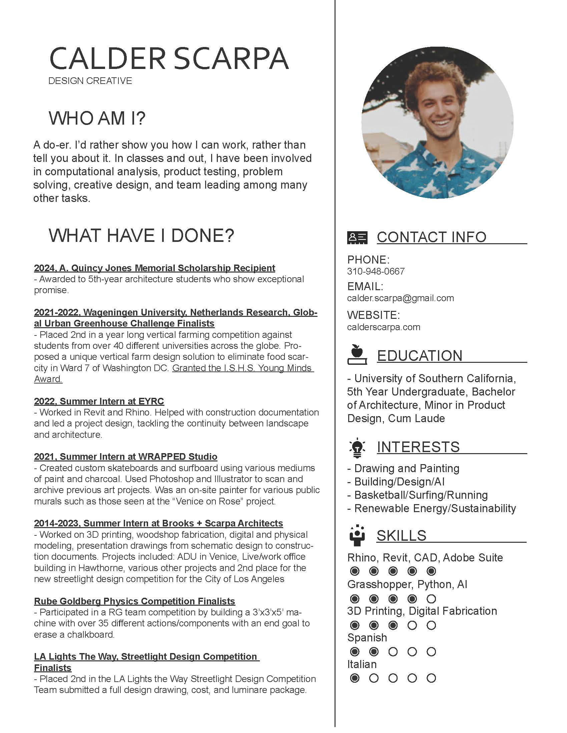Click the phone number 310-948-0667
pos(376,271)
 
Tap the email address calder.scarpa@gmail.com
pos(400,298)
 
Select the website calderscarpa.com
pos(384,327)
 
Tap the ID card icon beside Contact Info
pos(357,237)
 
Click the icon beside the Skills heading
pos(357,535)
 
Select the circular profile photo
pos(437,123)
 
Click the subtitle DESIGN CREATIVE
pos(90,81)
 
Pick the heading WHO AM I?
pos(97,118)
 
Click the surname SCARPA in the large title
pos(231,58)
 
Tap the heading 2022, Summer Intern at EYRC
pos(99,401)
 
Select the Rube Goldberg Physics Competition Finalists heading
pos(134,601)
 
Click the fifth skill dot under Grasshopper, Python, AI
pos(431,599)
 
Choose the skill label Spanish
pos(367,638)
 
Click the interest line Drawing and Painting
pos(407,468)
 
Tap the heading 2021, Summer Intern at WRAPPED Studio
pos(125,456)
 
